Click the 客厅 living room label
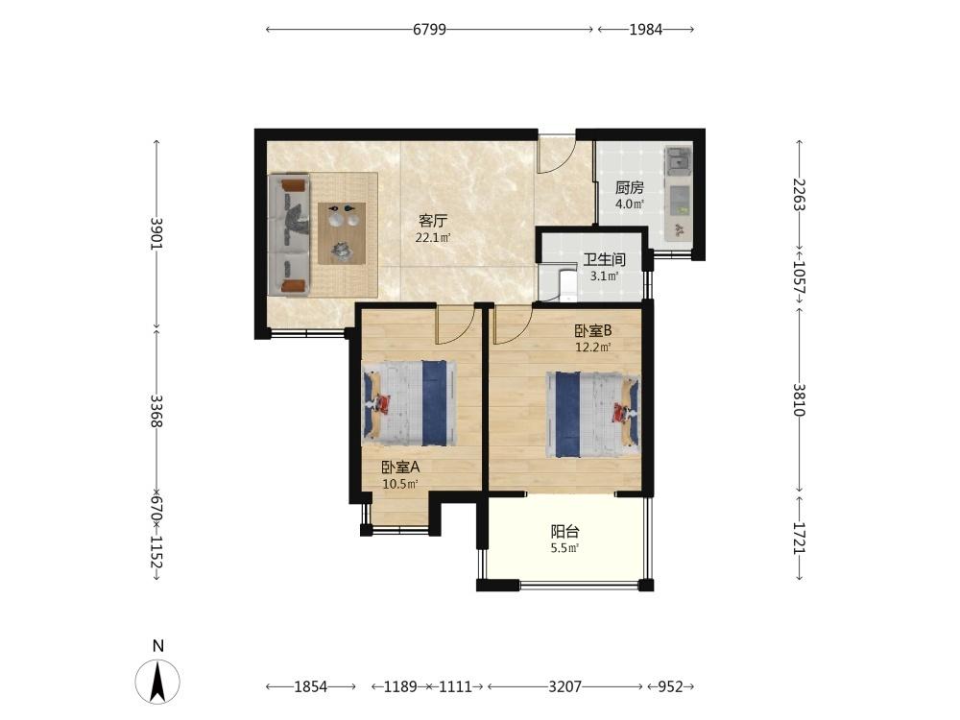click(x=433, y=221)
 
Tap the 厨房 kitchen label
click(x=630, y=188)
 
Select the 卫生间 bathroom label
click(x=604, y=259)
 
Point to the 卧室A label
click(x=400, y=468)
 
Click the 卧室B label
click(x=592, y=330)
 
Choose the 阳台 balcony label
click(x=564, y=532)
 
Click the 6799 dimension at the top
click(x=429, y=30)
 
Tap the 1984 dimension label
click(x=646, y=30)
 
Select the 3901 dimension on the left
click(x=156, y=233)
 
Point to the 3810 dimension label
click(x=799, y=399)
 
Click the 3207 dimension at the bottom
click(x=564, y=687)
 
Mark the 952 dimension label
click(x=670, y=687)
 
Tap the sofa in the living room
click(x=289, y=235)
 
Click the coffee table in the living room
click(x=342, y=233)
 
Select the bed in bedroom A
click(x=409, y=403)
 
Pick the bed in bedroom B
click(x=592, y=415)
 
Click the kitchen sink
click(x=678, y=160)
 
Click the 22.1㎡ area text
click(x=433, y=237)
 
